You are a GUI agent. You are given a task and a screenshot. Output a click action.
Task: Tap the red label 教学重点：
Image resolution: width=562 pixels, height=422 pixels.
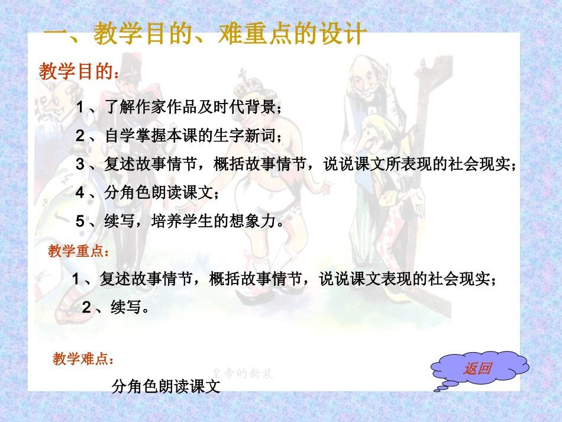click(x=78, y=252)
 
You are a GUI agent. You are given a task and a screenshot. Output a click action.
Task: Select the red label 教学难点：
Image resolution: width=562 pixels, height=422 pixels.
click(x=83, y=359)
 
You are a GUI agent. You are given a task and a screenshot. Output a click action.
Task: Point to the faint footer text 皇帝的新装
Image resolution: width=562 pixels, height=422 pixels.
click(x=243, y=373)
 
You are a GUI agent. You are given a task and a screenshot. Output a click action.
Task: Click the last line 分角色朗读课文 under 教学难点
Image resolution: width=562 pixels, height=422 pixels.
click(x=166, y=387)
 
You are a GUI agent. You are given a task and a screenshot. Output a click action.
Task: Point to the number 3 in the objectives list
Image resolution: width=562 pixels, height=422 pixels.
click(x=80, y=165)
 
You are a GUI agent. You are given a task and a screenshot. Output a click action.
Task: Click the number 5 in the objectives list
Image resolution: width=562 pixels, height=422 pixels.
click(x=80, y=222)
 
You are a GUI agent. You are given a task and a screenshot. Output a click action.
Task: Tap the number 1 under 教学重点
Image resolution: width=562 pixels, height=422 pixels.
click(x=76, y=279)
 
